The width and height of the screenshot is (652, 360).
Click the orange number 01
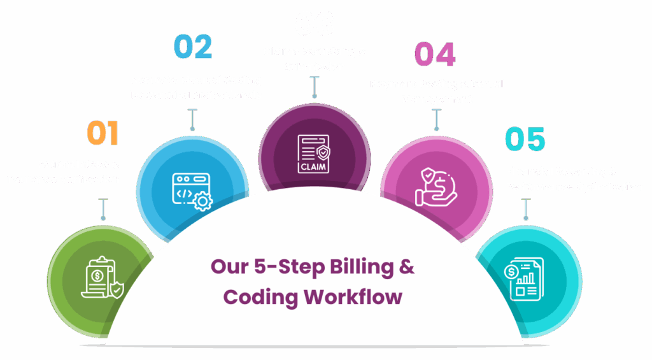[x=103, y=133]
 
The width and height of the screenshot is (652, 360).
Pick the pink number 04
[x=435, y=54]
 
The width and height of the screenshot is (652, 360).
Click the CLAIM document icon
[x=315, y=154]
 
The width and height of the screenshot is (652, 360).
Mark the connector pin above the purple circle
[x=314, y=87]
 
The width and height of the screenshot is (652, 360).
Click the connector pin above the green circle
[x=102, y=208]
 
